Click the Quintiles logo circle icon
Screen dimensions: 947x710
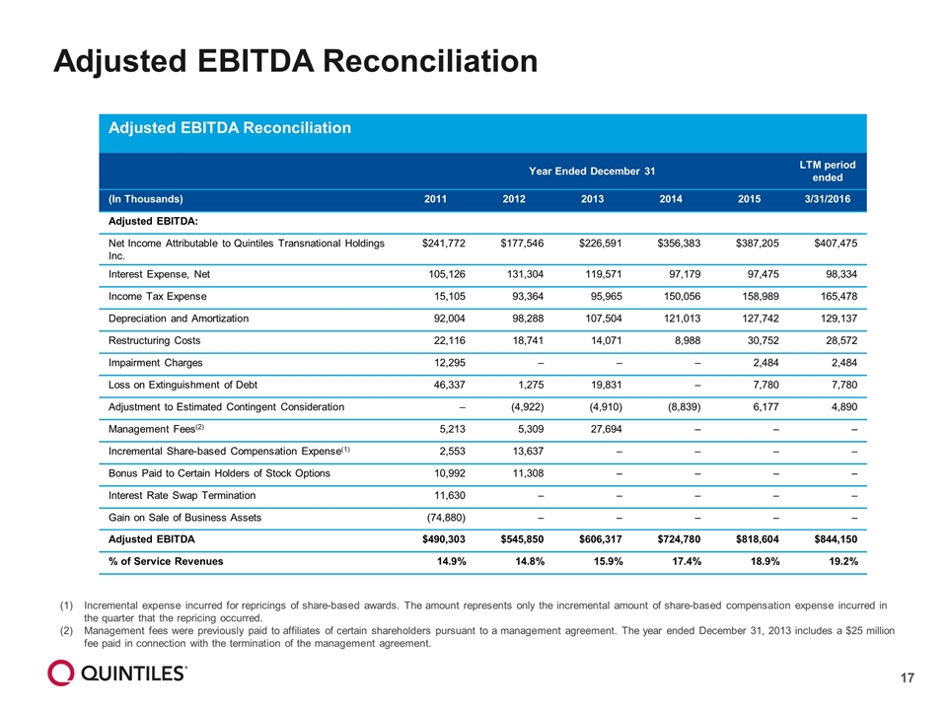[61, 673]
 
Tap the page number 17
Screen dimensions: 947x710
[908, 678]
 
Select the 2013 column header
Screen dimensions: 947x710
[592, 199]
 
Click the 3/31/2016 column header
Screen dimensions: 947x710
[827, 199]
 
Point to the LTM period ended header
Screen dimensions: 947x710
[828, 171]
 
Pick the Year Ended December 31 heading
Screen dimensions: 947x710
[592, 172]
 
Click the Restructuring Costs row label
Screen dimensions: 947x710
[154, 340]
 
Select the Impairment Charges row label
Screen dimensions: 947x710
[155, 363]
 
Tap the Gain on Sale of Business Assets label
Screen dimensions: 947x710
[184, 518]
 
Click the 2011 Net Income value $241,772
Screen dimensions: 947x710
[443, 244]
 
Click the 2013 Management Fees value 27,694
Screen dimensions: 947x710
[605, 429]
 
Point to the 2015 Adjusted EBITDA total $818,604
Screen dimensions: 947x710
[758, 539]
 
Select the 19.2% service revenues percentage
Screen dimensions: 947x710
[843, 561]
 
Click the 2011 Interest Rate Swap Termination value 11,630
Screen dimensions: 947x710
[450, 496]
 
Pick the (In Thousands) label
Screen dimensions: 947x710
[146, 199]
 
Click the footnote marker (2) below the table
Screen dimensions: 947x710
[66, 631]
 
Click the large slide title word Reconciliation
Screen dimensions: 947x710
[429, 61]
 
